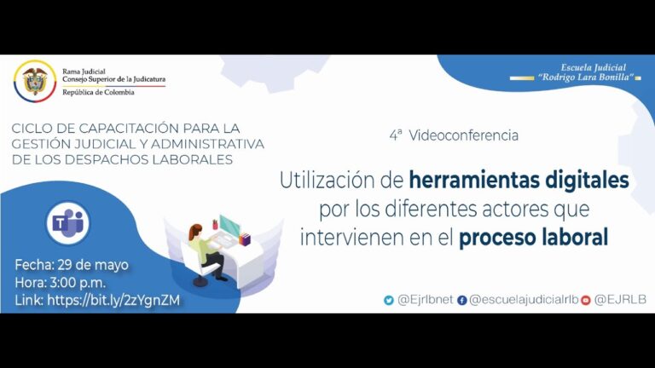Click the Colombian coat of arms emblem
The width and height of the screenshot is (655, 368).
(35, 81)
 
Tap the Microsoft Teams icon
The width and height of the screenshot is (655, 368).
(67, 223)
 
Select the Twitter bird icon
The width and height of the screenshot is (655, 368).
(389, 300)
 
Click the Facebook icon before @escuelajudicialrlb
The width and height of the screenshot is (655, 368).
(461, 301)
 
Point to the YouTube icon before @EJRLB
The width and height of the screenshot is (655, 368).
(586, 301)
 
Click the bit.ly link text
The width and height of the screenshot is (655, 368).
(113, 301)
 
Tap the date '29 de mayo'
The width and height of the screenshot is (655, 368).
(93, 265)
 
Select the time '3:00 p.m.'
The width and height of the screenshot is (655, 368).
(78, 283)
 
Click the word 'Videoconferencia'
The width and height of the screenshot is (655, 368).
(463, 135)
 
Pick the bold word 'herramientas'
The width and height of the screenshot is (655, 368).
(473, 181)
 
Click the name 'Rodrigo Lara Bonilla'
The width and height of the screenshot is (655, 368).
(586, 78)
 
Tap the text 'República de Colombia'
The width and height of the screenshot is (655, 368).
(99, 92)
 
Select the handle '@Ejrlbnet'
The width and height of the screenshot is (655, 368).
(426, 300)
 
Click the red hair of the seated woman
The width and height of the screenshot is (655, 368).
(194, 231)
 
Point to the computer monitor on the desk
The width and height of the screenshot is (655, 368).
(229, 226)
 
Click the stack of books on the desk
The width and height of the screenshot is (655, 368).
(245, 239)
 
